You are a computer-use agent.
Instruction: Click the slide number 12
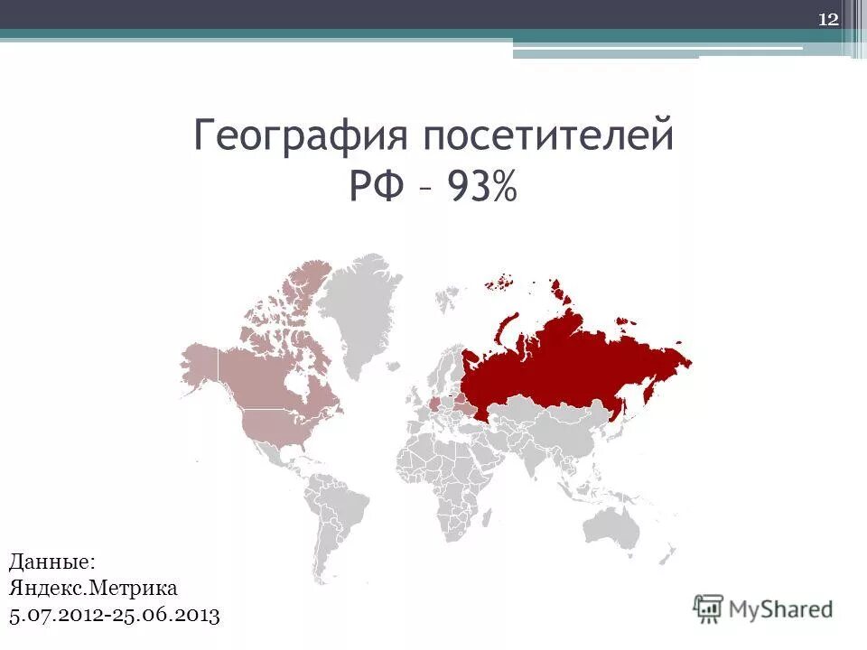click(x=828, y=20)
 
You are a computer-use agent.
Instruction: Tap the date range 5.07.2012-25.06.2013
click(x=115, y=616)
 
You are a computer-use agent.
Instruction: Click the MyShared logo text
click(x=781, y=608)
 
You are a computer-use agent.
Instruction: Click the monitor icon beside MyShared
click(x=709, y=608)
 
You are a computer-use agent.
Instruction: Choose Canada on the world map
click(x=271, y=370)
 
